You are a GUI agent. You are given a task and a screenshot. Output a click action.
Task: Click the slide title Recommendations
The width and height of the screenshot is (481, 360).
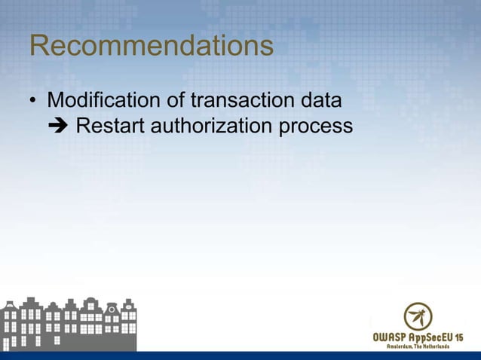[151, 47]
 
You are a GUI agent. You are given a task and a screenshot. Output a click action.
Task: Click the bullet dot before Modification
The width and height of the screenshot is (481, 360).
[34, 101]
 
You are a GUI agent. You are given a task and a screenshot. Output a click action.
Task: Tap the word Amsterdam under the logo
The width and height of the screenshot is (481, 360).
[405, 347]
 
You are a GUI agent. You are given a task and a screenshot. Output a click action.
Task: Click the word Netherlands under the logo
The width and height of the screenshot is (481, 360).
[436, 347]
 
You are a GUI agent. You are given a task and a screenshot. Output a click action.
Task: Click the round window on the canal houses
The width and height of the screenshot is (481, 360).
[111, 309]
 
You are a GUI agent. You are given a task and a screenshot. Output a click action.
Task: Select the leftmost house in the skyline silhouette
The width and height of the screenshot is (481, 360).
[10, 325]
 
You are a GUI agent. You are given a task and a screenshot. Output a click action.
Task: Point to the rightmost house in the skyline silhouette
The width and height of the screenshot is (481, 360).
[129, 324]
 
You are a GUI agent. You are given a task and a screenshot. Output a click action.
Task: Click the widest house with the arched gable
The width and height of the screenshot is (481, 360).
[91, 322]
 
